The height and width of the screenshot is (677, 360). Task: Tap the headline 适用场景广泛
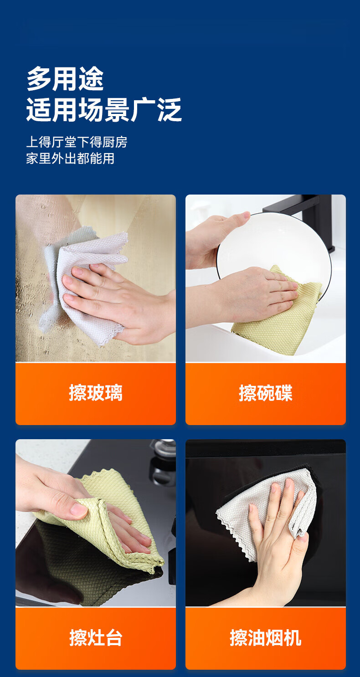tap(104, 109)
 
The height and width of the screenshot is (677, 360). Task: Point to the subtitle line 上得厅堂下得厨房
tap(77, 142)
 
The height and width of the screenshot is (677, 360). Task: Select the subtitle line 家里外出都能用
tap(71, 159)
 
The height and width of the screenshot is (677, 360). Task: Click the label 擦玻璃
tap(96, 393)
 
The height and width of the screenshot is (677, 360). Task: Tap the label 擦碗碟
tap(266, 393)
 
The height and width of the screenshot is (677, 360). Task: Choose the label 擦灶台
tap(96, 637)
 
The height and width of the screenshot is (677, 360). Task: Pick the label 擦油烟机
tap(266, 637)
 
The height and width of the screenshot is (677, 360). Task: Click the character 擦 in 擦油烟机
tap(239, 637)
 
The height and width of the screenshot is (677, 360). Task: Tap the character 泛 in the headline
tap(170, 109)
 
